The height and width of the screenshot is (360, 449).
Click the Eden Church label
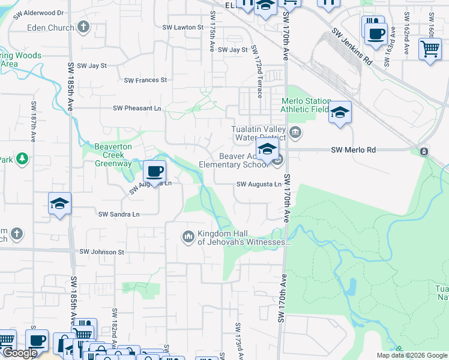[51, 27]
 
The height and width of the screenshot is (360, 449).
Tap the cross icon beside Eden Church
[83, 26]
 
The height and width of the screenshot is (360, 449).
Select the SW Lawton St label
[183, 27]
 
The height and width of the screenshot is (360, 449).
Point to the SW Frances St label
[145, 80]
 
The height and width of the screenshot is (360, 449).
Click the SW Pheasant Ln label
[137, 108]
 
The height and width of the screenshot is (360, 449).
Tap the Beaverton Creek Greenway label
[113, 155]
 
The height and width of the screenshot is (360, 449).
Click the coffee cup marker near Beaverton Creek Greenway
[154, 172]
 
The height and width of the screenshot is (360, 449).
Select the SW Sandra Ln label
[119, 214]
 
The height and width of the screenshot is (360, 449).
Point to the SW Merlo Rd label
[354, 150]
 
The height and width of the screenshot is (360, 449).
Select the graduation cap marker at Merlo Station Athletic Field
[340, 112]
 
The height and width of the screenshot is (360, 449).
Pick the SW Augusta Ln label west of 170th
[259, 184]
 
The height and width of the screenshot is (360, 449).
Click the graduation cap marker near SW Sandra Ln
[60, 204]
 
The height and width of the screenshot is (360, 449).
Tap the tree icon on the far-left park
[22, 158]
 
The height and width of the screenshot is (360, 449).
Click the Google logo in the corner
[19, 353]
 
